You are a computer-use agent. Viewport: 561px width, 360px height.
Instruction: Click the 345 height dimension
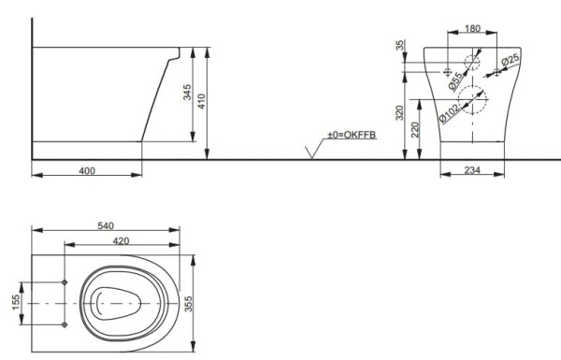tap(187, 94)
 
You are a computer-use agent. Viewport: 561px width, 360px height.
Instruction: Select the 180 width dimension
tap(473, 29)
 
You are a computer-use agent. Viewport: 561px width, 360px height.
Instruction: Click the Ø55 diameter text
tap(452, 80)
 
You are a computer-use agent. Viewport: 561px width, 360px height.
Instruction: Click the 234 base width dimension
tap(471, 171)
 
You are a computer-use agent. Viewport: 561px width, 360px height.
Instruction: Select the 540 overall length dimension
tap(104, 226)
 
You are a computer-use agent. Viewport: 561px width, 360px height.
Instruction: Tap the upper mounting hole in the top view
tap(64, 282)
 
